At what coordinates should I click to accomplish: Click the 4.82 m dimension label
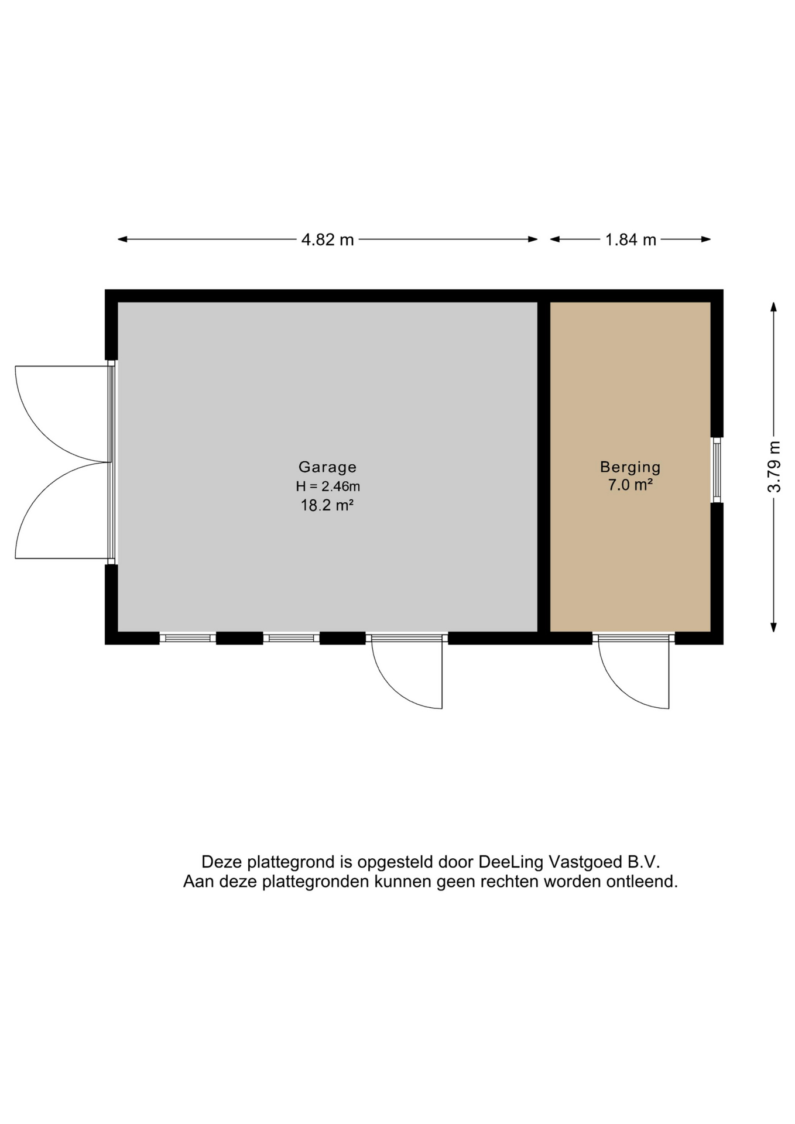point(327,240)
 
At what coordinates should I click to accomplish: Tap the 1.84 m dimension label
point(630,240)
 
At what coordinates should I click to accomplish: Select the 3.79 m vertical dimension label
point(775,467)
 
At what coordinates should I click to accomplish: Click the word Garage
point(327,467)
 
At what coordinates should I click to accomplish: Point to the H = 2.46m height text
point(327,486)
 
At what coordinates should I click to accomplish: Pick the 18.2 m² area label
point(327,505)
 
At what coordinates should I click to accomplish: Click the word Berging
point(630,467)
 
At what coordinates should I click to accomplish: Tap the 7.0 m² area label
point(630,485)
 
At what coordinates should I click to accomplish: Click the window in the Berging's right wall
point(717,470)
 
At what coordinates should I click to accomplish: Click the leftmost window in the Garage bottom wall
point(188,638)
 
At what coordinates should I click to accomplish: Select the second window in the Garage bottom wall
point(291,638)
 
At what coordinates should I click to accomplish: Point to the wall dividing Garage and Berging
point(544,467)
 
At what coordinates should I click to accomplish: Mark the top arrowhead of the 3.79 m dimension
point(774,308)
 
